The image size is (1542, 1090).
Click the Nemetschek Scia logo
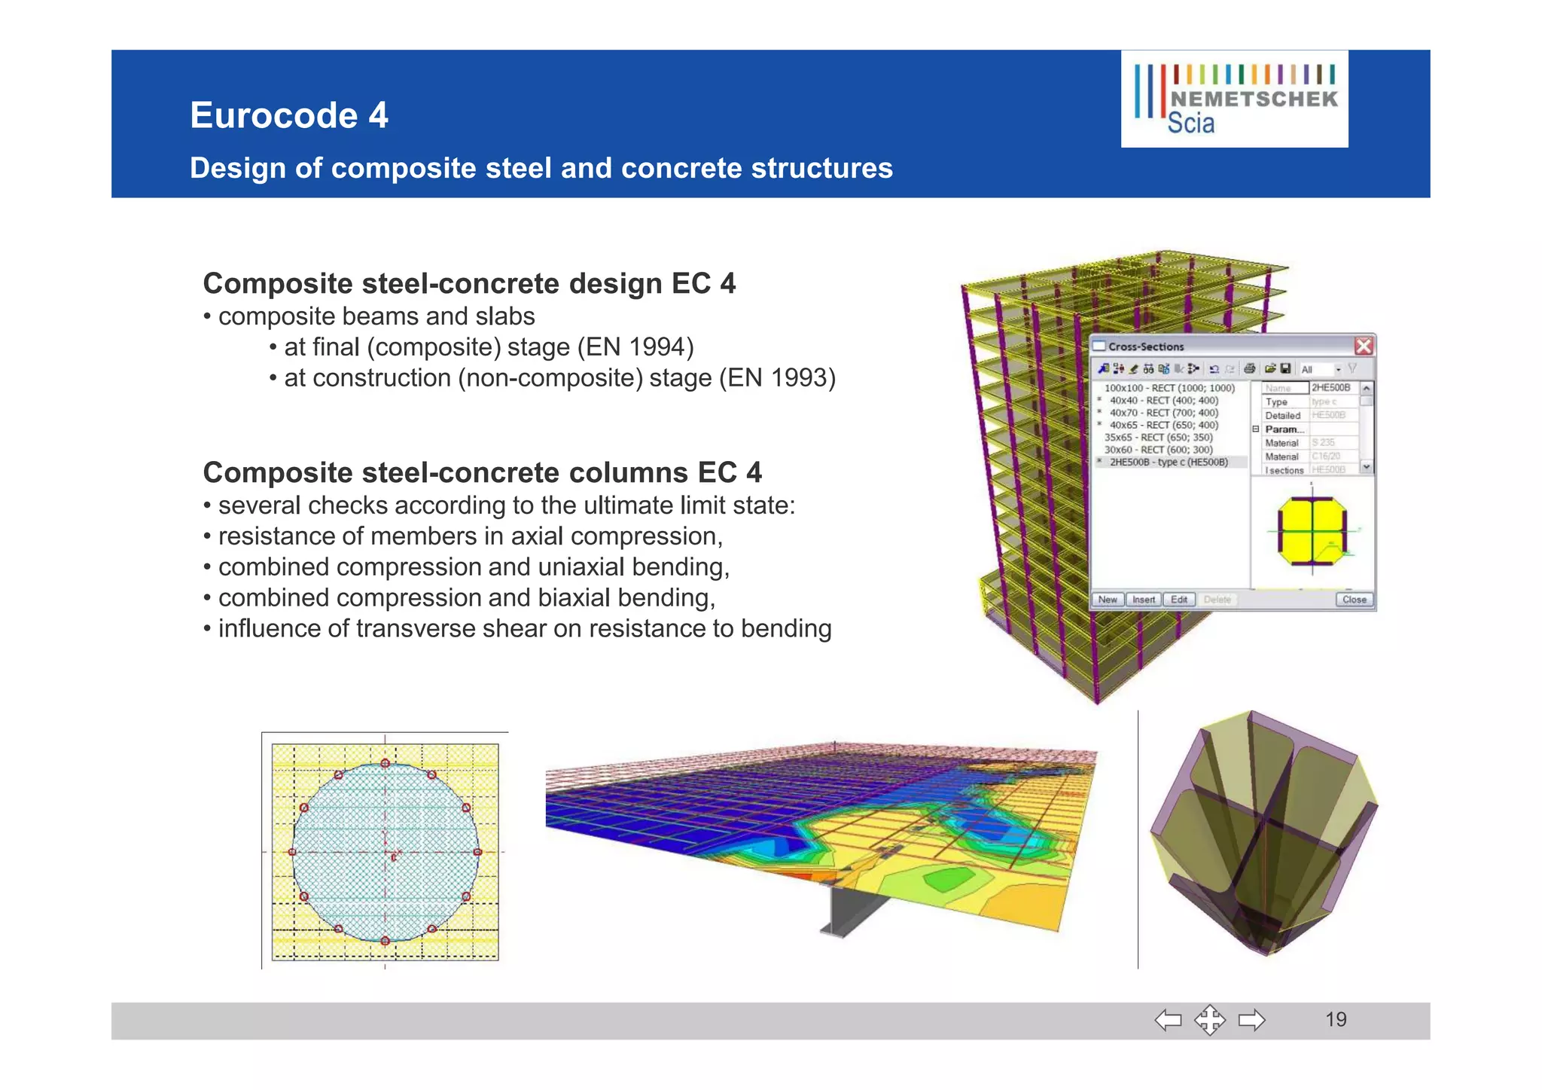coord(1235,99)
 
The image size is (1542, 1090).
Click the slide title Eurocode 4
coord(289,115)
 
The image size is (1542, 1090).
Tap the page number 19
coord(1336,1019)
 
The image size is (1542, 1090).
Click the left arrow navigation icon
coord(1168,1021)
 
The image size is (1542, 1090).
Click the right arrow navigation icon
coord(1251,1021)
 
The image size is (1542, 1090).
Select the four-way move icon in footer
coord(1209,1021)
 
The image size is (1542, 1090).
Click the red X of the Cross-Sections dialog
coord(1364,347)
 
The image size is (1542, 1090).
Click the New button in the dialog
coord(1108,600)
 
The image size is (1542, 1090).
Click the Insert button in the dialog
coord(1143,600)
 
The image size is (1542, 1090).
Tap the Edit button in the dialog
coord(1179,600)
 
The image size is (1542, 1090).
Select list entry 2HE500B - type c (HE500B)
coord(1169,462)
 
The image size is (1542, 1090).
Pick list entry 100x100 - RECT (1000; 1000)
coord(1169,388)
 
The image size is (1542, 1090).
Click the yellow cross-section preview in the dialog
coord(1312,530)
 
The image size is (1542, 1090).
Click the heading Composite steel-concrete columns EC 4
coord(482,473)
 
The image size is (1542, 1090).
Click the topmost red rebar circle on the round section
coord(385,763)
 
